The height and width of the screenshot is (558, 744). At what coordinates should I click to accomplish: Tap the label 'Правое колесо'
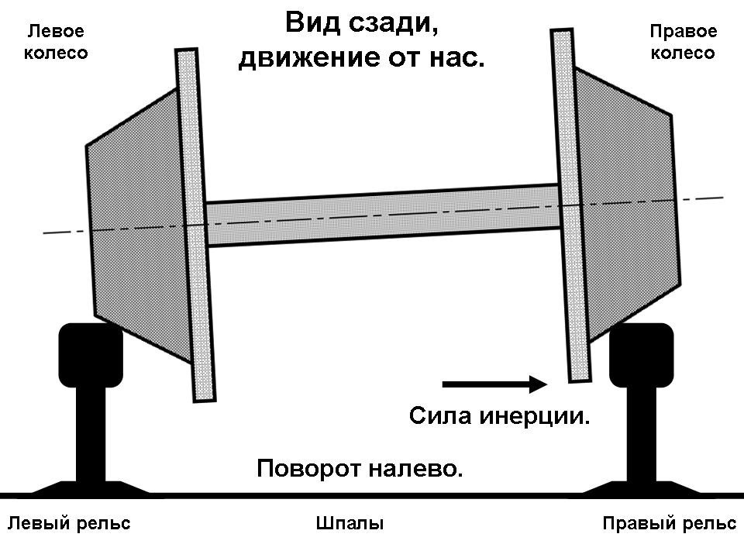point(683,43)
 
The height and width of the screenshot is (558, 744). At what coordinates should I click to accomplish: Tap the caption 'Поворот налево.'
point(360,469)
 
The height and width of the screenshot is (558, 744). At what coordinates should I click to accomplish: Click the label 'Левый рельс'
point(69,524)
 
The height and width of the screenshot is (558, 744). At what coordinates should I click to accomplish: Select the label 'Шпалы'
point(350,524)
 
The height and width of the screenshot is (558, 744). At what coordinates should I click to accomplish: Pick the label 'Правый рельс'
point(669,524)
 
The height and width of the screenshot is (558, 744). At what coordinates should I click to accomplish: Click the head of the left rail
point(91,355)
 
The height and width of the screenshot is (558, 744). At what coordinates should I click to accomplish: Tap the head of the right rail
point(641,355)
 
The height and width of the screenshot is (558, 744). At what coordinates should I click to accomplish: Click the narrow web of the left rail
point(91,434)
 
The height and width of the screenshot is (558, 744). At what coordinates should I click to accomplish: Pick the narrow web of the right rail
point(641,434)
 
